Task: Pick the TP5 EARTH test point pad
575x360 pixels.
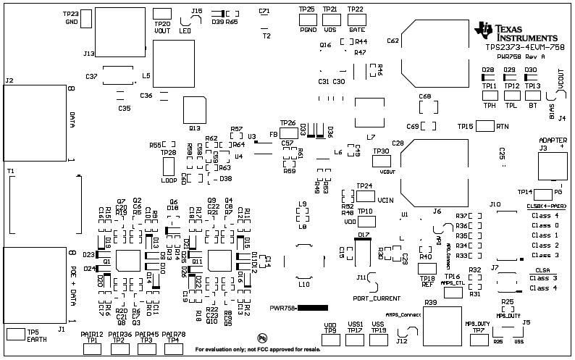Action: tap(14, 334)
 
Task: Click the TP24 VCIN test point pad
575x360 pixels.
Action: tap(366, 196)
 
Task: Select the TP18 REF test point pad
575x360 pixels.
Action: tap(427, 269)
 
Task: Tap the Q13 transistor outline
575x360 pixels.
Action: tap(194, 111)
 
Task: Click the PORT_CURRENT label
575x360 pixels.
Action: tap(377, 298)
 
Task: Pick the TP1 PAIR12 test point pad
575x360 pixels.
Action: tap(92, 348)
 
